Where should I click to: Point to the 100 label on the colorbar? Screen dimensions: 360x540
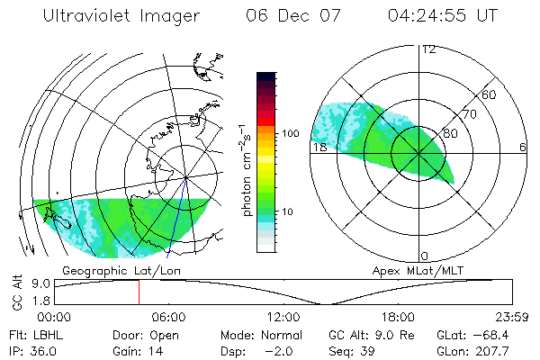290,133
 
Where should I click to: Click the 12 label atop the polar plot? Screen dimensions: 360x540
428,49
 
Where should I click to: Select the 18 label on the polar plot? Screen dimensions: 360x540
318,147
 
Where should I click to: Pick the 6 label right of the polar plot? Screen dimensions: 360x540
523,147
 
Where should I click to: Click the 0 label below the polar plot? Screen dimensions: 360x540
425,256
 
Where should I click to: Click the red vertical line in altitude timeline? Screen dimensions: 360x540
139,292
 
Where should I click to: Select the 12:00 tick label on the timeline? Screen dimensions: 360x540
283,317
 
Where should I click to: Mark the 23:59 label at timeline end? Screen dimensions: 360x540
511,317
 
